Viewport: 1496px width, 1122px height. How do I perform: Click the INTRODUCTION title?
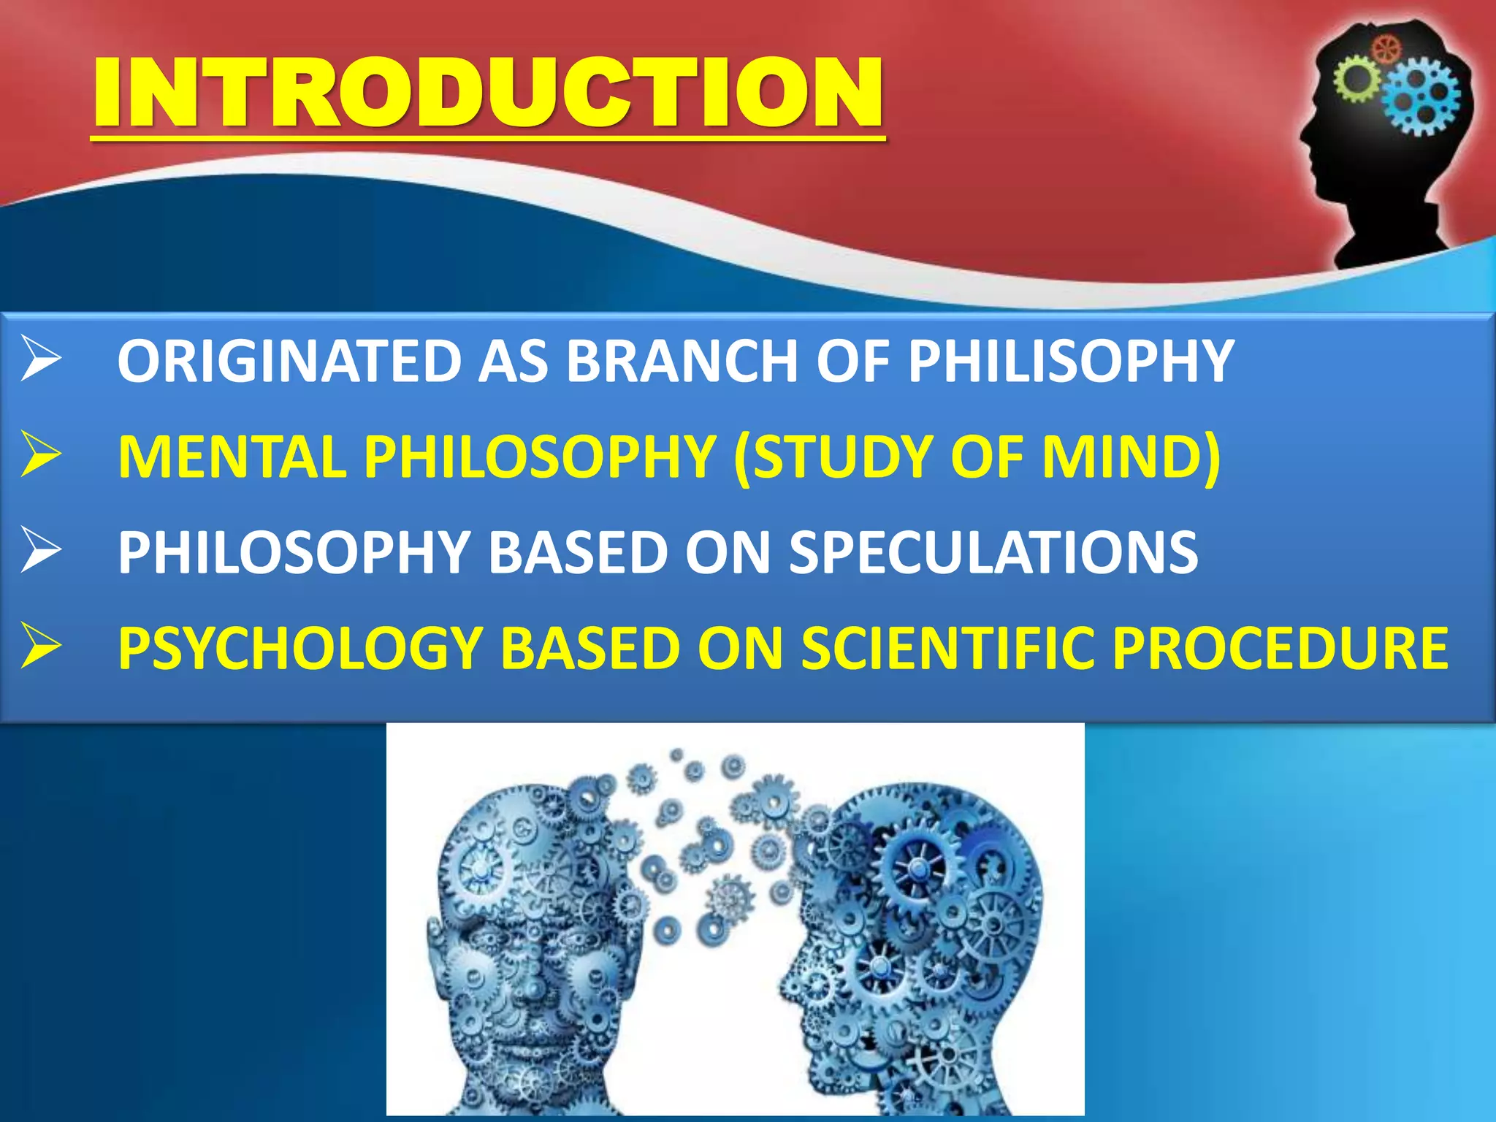(x=488, y=93)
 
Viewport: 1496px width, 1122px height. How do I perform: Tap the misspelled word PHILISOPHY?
(x=1070, y=361)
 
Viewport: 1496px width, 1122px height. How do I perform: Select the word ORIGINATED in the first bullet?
(x=289, y=361)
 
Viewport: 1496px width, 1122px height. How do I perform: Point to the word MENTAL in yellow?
(x=232, y=457)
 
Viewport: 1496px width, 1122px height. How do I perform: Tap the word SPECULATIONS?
(x=993, y=552)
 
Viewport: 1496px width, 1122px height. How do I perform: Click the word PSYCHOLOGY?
(x=299, y=648)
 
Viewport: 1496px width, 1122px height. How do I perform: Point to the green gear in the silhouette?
(x=1357, y=79)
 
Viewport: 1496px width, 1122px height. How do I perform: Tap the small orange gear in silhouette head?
(x=1386, y=50)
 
